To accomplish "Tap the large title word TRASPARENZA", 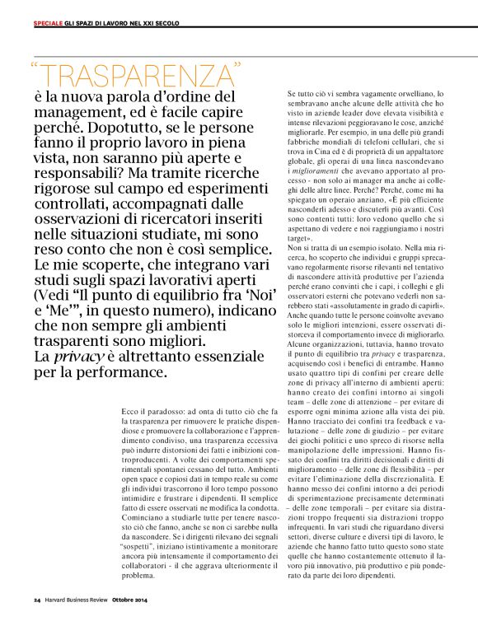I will click(141, 76).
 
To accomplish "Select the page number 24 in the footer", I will click(38, 598).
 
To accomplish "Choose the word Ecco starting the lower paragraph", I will click(129, 409).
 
